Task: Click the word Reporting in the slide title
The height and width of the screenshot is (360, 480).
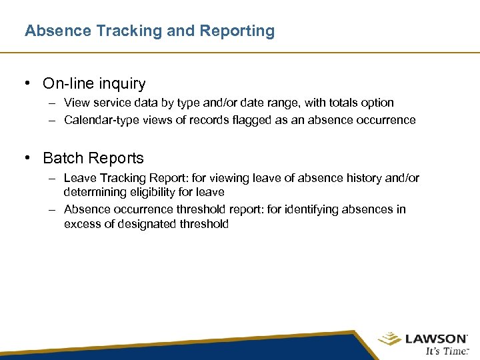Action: point(241,31)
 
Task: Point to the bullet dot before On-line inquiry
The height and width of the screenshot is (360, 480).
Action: point(27,84)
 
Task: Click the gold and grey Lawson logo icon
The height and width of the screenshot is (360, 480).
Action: point(389,340)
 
